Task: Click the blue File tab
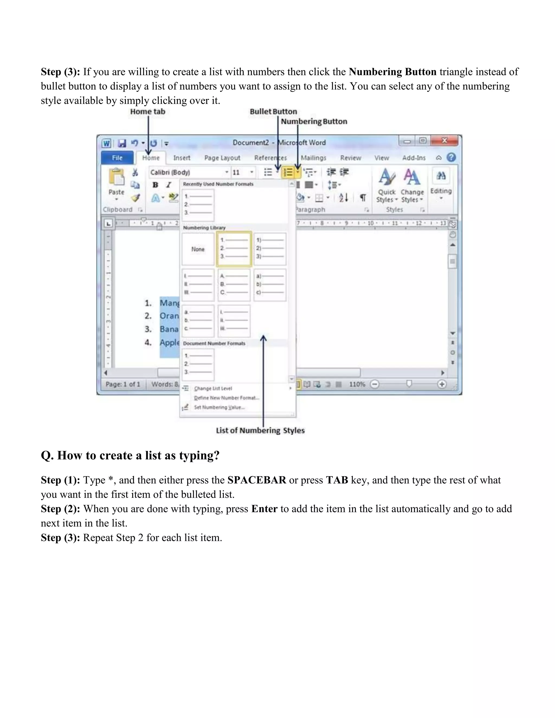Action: [x=117, y=158]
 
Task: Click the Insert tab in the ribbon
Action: [x=182, y=158]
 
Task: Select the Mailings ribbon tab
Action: [x=313, y=158]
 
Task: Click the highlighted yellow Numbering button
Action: [x=288, y=172]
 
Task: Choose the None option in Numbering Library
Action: [x=198, y=249]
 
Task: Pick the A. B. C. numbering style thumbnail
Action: [x=234, y=285]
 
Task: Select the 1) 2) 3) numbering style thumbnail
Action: [x=270, y=249]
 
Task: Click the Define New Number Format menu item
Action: [x=227, y=398]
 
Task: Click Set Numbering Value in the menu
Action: [x=219, y=407]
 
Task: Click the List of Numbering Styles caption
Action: [x=260, y=430]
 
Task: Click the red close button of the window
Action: [x=444, y=141]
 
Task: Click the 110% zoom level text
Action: [x=357, y=384]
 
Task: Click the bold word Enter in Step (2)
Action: [x=264, y=509]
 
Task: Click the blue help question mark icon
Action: [x=451, y=157]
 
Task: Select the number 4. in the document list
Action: [x=148, y=342]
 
